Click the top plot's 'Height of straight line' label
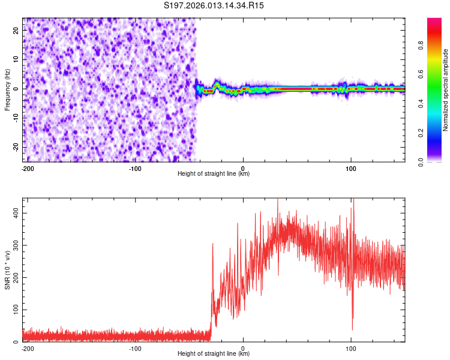[214, 173]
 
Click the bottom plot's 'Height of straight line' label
[214, 353]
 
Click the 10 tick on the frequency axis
[16, 59]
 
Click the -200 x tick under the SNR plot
[27, 348]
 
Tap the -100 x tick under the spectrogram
[135, 168]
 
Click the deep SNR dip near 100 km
[352, 328]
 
